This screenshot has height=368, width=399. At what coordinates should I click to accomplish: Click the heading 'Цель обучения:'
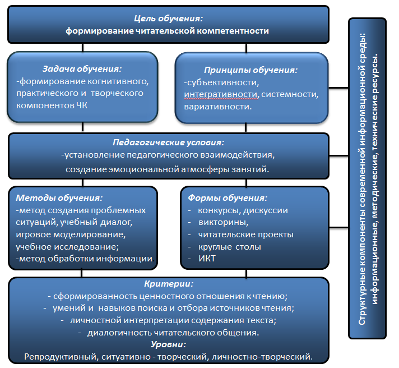[x=168, y=19]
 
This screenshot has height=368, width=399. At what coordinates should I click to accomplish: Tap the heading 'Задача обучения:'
[x=82, y=69]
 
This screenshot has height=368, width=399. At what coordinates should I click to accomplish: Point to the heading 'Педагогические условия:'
[x=169, y=143]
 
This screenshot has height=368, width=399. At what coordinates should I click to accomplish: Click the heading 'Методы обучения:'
[x=59, y=198]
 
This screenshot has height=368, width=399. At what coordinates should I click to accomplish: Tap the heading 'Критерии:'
[x=168, y=285]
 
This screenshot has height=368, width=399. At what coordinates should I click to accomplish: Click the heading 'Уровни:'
[x=168, y=344]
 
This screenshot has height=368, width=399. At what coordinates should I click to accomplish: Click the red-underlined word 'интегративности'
[x=221, y=94]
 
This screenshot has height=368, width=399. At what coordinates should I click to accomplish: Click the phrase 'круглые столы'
[x=229, y=246]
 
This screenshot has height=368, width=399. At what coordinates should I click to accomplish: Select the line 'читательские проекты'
[x=245, y=234]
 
